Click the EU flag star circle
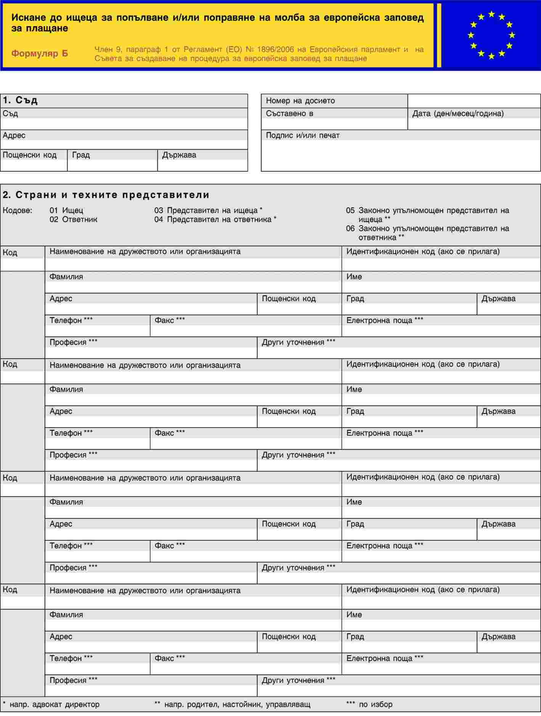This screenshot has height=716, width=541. [491, 35]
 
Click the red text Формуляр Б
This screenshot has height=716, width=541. [39, 53]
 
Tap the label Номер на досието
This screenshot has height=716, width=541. [300, 101]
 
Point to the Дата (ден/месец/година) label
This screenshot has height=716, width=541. [458, 114]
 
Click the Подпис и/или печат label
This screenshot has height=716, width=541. [302, 135]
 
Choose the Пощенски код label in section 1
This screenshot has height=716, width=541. [29, 155]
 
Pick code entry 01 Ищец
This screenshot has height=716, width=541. [66, 210]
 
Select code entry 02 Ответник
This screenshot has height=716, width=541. [73, 219]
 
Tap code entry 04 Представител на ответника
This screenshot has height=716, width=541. [215, 219]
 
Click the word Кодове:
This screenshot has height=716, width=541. [18, 210]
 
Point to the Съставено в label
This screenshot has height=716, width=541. [289, 114]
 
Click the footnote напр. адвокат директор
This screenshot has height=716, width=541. [54, 704]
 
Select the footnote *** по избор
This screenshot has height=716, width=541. [369, 704]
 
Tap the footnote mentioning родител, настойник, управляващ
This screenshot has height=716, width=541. [233, 704]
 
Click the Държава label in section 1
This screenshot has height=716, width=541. [179, 155]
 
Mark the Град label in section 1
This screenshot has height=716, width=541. [81, 155]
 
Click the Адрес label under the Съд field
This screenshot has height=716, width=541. [14, 135]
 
